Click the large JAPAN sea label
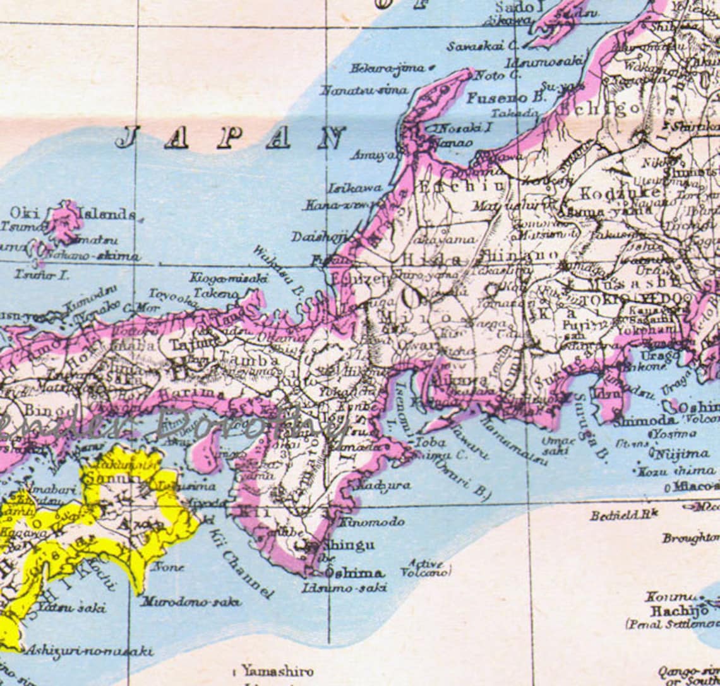(x=231, y=138)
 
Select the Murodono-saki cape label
(x=191, y=601)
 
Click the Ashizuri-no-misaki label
(x=89, y=651)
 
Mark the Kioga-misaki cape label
(x=229, y=277)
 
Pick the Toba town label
(x=430, y=443)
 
